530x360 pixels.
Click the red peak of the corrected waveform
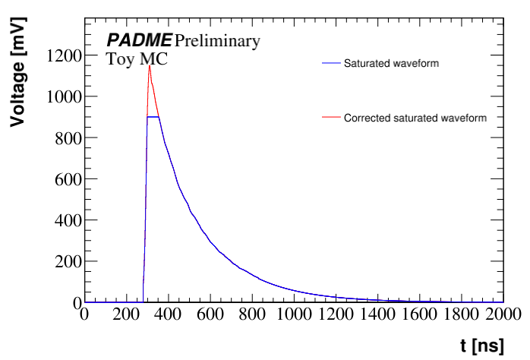pyautogui.click(x=149, y=66)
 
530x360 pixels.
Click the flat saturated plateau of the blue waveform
pyautogui.click(x=153, y=117)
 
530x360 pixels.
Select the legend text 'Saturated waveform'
pyautogui.click(x=391, y=64)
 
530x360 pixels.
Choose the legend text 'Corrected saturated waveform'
pyautogui.click(x=415, y=118)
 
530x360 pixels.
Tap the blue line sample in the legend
pyautogui.click(x=330, y=64)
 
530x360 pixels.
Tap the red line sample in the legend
pyautogui.click(x=330, y=118)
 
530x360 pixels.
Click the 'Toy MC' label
pyautogui.click(x=137, y=59)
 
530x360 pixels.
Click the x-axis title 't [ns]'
pyautogui.click(x=481, y=346)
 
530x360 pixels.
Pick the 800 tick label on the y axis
pyautogui.click(x=66, y=137)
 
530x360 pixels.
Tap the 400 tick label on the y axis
pyautogui.click(x=66, y=220)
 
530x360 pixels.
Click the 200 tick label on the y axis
pyautogui.click(x=66, y=261)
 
